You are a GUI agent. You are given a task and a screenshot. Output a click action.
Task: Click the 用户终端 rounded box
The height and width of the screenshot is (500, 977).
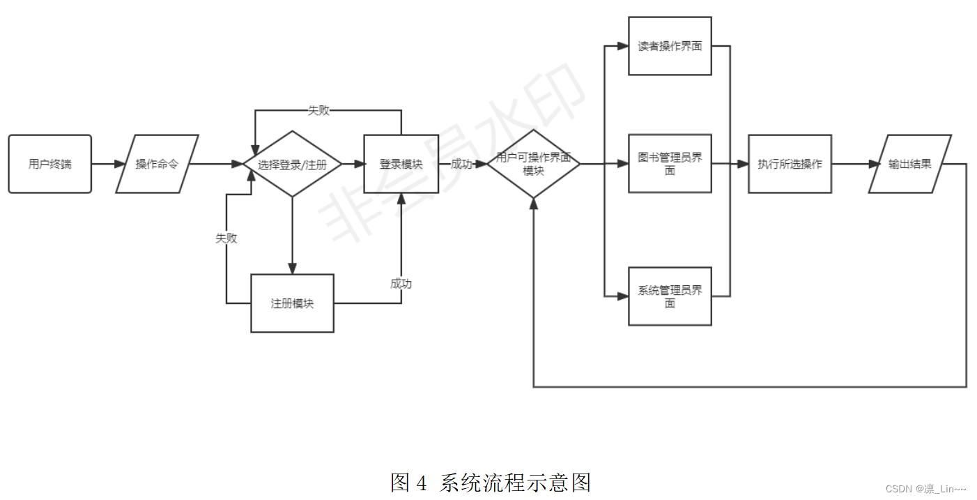[50, 164]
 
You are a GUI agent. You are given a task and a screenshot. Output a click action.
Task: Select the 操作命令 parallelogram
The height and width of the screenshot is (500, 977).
[157, 164]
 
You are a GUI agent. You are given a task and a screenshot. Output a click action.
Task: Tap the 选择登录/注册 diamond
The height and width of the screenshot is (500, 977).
[292, 165]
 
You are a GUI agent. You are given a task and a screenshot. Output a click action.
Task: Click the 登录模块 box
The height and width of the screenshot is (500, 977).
[401, 164]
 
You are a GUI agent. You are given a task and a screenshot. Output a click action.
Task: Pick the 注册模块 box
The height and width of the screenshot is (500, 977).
[292, 303]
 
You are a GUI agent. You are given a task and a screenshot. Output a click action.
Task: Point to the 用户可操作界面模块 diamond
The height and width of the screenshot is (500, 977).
[533, 164]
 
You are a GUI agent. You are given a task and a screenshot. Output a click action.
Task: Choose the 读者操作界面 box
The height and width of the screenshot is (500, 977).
[670, 46]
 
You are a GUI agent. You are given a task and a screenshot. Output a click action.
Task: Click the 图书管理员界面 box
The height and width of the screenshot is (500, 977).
[670, 164]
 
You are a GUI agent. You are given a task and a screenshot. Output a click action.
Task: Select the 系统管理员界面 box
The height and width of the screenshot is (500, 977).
[670, 296]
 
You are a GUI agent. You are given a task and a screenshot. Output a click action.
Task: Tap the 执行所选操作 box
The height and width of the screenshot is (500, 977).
[790, 164]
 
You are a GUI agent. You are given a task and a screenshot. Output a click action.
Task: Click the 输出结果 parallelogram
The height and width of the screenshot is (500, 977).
[909, 164]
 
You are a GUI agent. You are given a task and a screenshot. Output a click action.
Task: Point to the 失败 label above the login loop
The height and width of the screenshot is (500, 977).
[318, 110]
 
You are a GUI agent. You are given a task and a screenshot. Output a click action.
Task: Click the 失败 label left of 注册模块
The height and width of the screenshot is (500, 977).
[226, 238]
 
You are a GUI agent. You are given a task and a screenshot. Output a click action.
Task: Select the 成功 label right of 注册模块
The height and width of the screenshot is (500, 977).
[401, 283]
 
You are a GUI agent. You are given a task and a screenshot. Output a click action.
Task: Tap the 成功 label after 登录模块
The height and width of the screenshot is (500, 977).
[462, 164]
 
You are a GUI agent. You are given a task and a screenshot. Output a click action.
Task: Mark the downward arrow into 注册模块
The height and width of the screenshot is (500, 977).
[292, 237]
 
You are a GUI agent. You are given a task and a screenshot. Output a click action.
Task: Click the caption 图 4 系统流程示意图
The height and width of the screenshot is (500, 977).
[491, 482]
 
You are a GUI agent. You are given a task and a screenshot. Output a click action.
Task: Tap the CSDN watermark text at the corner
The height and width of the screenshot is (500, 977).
[925, 490]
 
